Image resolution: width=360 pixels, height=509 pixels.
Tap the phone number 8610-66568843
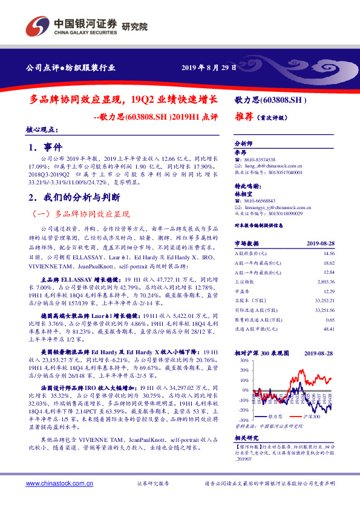[x=259, y=200]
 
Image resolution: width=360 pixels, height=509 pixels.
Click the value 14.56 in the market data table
[x=329, y=253]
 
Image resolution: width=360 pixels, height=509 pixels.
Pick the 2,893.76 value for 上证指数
[x=325, y=282]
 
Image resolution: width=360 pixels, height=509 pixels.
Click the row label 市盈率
[x=243, y=291]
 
